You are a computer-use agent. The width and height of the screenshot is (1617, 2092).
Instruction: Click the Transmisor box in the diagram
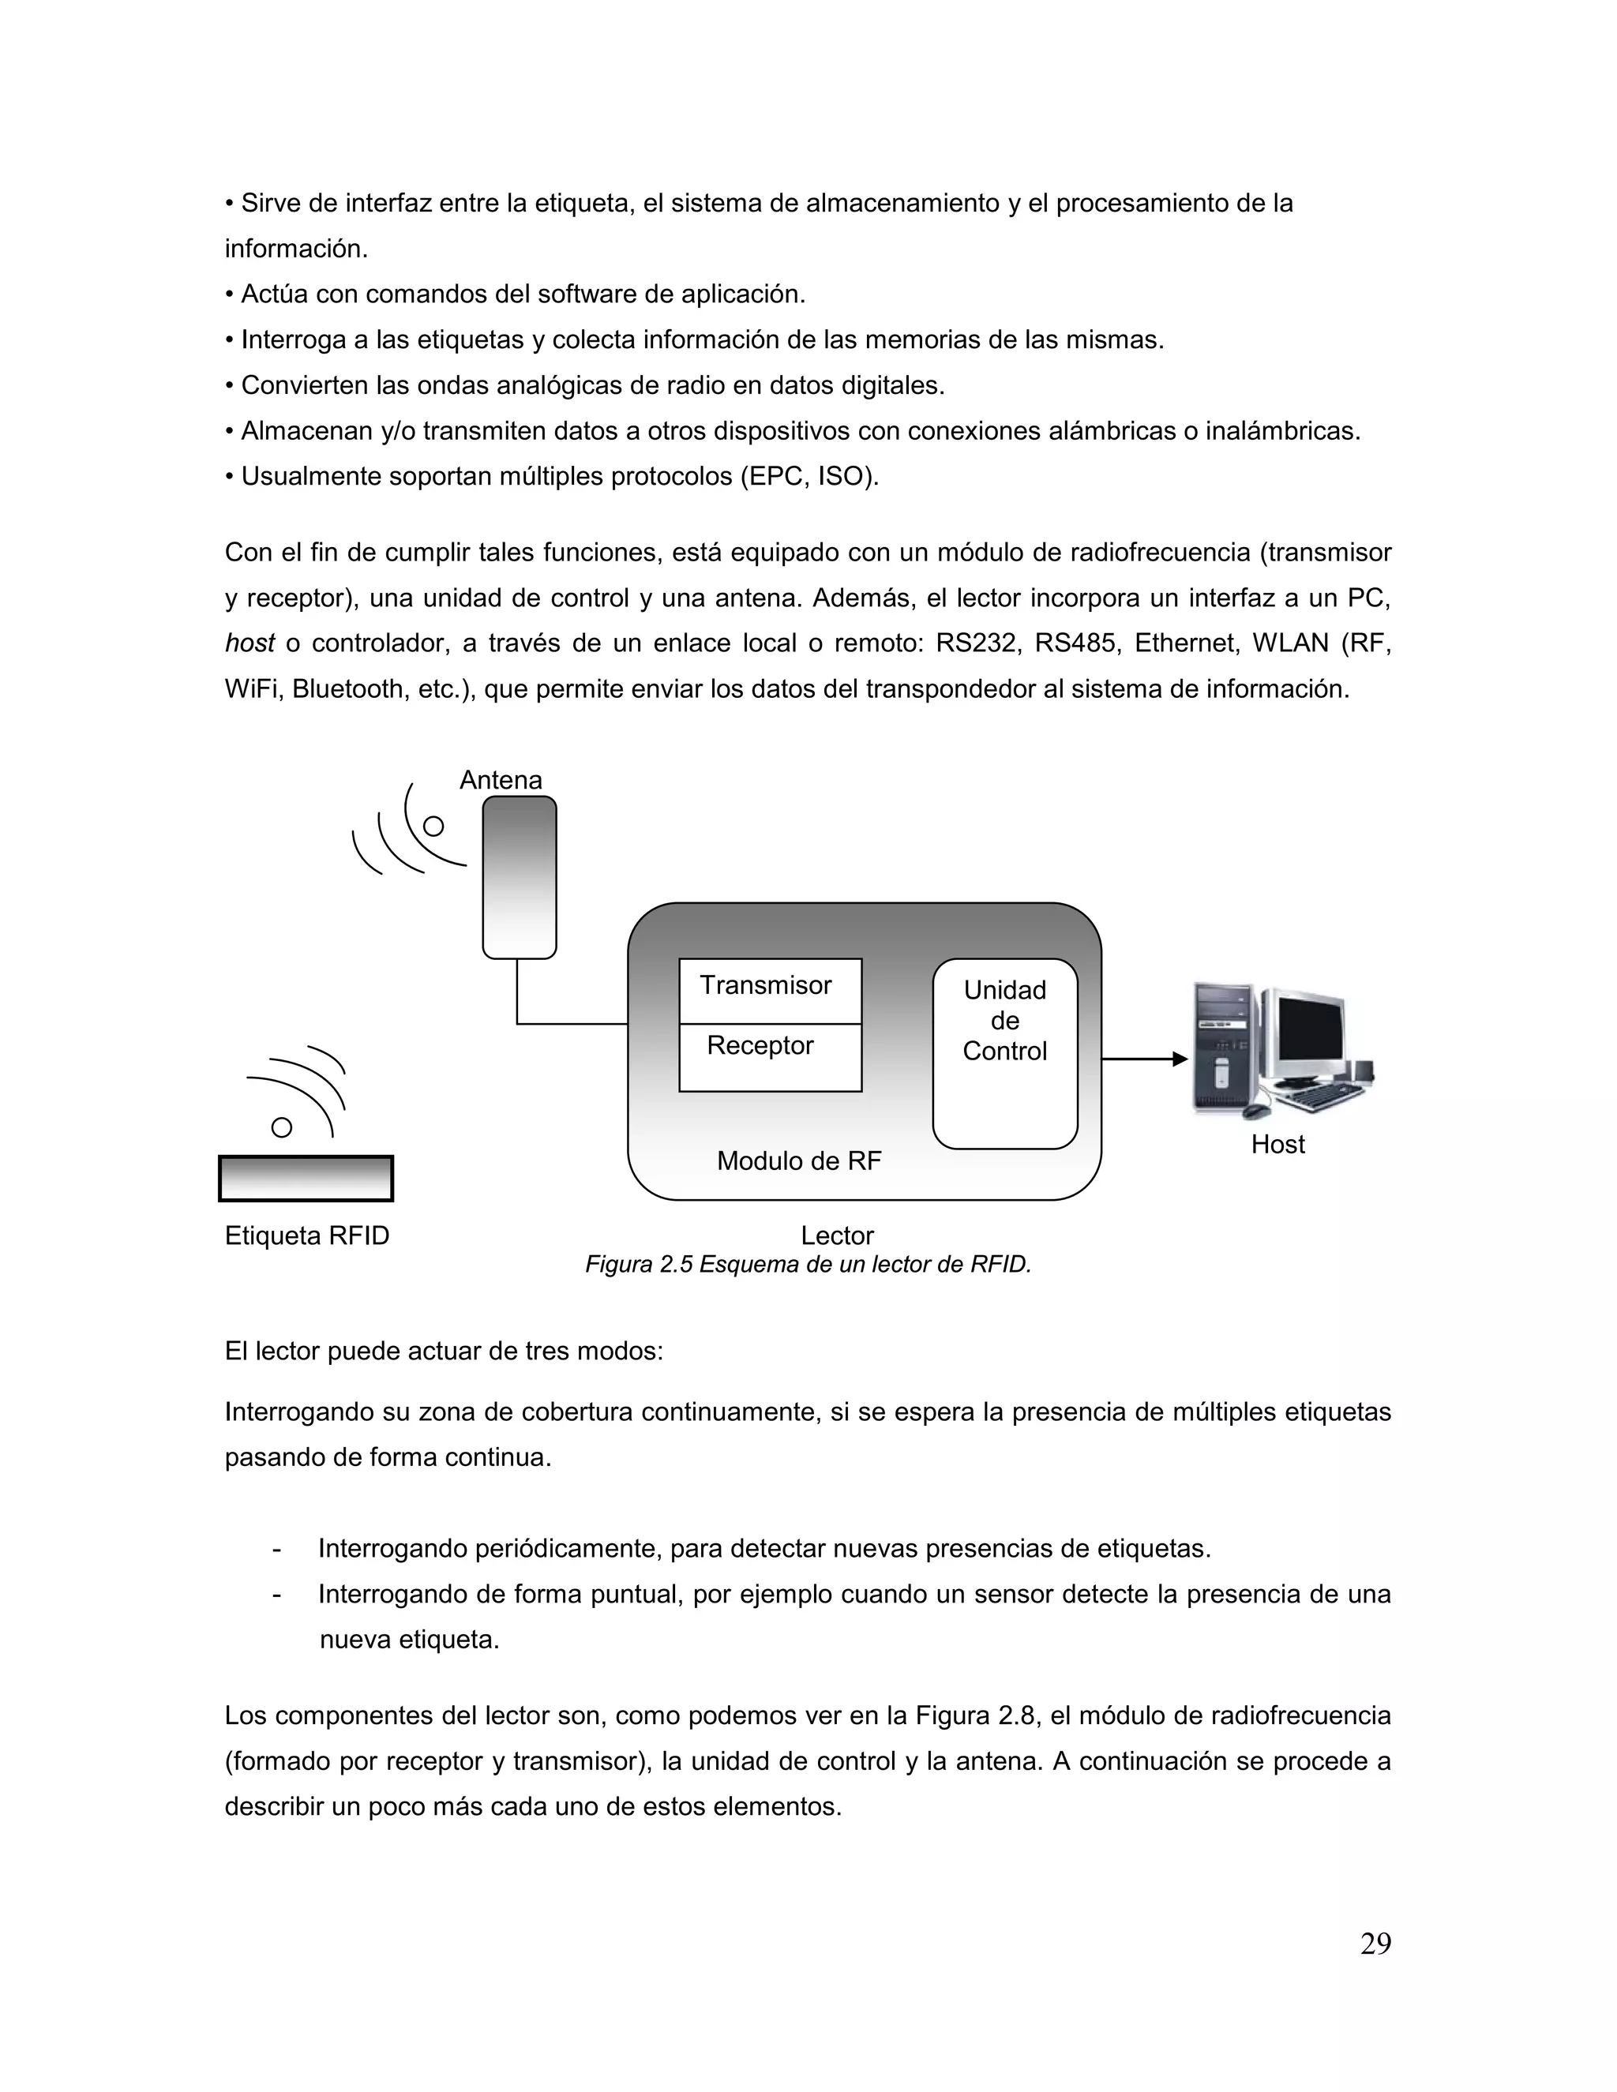point(769,989)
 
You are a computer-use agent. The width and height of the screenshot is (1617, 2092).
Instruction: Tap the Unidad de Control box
point(1004,1052)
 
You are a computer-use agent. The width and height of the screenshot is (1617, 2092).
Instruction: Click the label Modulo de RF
point(798,1161)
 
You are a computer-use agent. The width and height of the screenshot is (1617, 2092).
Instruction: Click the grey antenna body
point(520,876)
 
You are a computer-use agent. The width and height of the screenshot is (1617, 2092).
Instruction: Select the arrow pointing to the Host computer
point(1144,1059)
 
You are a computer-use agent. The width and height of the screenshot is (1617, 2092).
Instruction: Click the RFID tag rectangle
point(306,1178)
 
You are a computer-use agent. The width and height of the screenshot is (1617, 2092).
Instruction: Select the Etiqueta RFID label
point(306,1235)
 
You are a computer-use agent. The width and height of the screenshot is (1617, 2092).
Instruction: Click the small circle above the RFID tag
point(282,1127)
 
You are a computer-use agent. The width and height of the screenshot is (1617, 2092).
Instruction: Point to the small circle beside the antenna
point(434,826)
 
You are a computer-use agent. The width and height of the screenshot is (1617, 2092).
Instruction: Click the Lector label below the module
point(836,1235)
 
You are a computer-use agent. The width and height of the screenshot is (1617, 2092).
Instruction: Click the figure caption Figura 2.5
point(808,1265)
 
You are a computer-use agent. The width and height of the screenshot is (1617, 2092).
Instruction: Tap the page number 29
point(1375,1944)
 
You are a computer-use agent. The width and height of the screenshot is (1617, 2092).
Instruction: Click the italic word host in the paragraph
point(249,643)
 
